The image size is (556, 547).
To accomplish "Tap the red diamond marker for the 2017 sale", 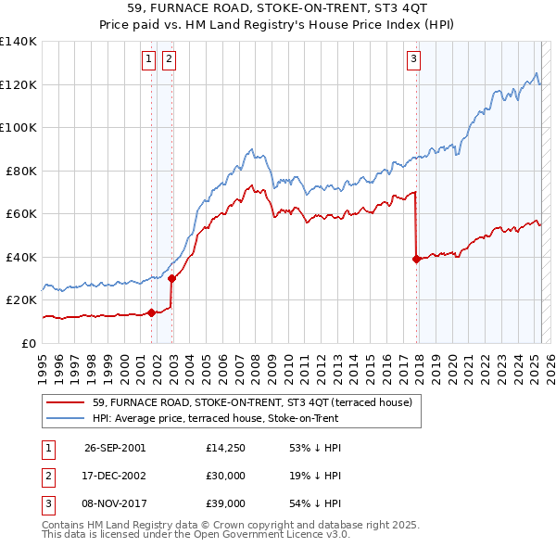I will pyautogui.click(x=416, y=259).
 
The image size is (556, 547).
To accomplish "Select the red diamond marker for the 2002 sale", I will pyautogui.click(x=171, y=278).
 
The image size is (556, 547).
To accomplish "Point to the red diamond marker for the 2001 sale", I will pyautogui.click(x=151, y=312).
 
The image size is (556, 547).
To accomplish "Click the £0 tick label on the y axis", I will pyautogui.click(x=28, y=343).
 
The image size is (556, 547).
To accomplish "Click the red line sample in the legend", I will pyautogui.click(x=66, y=402).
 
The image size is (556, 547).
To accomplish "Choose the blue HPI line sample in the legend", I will pyautogui.click(x=66, y=419).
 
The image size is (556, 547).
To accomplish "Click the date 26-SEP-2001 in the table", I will pyautogui.click(x=115, y=447).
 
